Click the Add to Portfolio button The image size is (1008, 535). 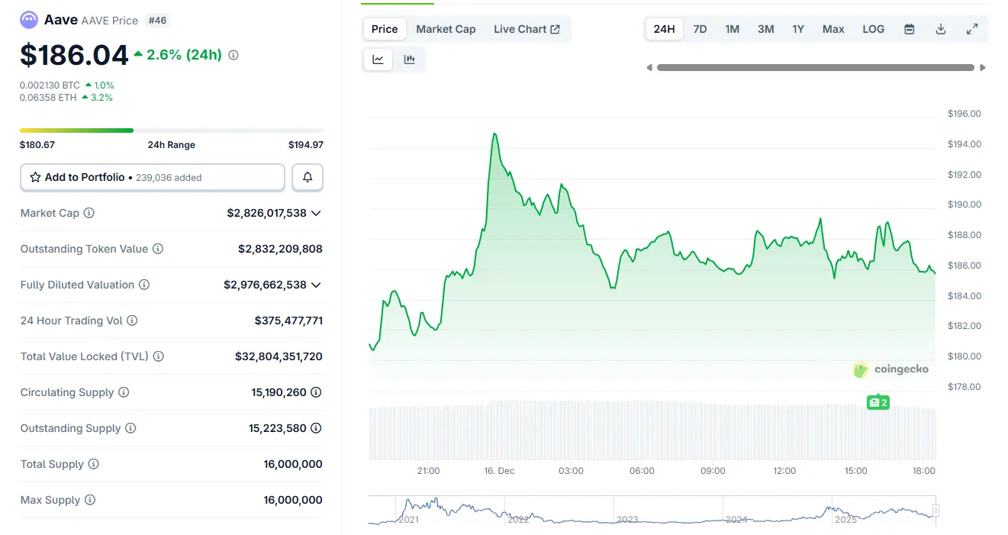(x=152, y=177)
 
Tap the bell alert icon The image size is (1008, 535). (x=308, y=177)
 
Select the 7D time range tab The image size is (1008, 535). (x=700, y=29)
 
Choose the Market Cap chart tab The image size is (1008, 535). (x=446, y=29)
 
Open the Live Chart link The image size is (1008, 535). (x=527, y=29)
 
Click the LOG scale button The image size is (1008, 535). (x=873, y=29)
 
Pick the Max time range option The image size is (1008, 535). (x=833, y=29)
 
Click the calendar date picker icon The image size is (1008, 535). (x=910, y=29)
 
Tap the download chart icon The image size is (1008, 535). (x=941, y=29)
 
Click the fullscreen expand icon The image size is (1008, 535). (x=972, y=29)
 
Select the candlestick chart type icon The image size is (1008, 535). (x=410, y=60)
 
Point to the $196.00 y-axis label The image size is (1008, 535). (x=964, y=114)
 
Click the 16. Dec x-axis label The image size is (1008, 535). (x=500, y=471)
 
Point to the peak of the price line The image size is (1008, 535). (x=494, y=134)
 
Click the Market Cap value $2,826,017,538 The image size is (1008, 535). (x=266, y=213)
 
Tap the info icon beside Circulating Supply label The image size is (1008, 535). (x=124, y=392)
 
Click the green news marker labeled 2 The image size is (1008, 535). (x=878, y=402)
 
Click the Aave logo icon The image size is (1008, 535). (x=29, y=21)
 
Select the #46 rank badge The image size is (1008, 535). (x=157, y=21)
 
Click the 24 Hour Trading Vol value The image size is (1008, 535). (x=288, y=321)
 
